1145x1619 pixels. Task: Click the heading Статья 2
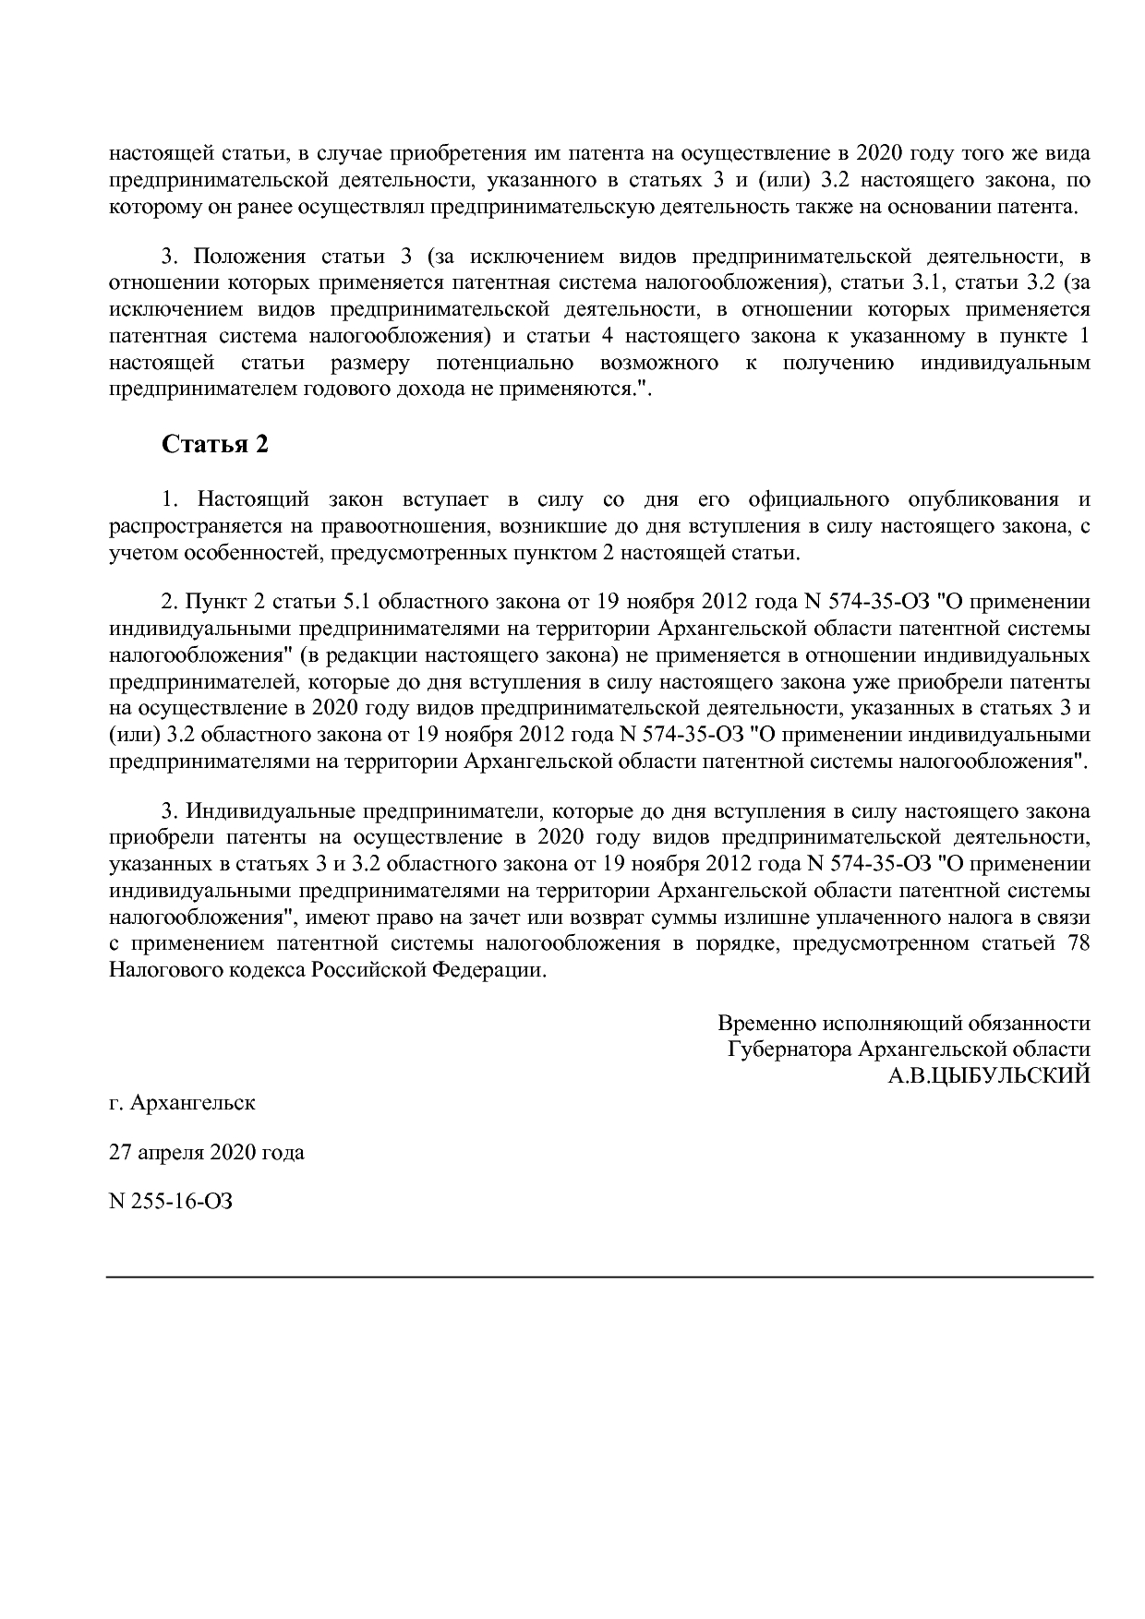215,444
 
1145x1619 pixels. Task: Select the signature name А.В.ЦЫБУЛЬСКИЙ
989,1075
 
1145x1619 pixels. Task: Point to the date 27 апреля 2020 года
206,1152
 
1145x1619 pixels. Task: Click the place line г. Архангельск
182,1102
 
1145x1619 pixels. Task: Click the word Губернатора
789,1049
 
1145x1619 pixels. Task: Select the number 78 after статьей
1079,943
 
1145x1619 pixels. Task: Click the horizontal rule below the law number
599,1277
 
